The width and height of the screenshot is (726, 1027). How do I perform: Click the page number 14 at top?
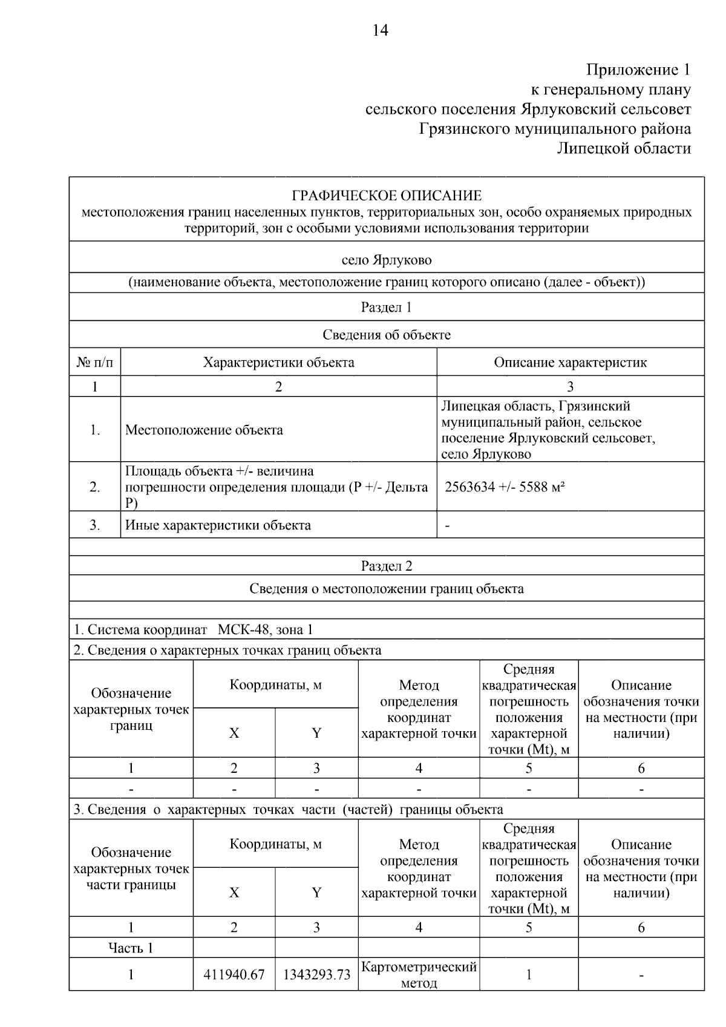[x=381, y=30]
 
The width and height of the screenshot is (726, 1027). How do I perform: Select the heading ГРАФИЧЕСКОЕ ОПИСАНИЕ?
[x=387, y=195]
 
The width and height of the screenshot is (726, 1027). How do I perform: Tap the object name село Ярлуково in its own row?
[x=387, y=260]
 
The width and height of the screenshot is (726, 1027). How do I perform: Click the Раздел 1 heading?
[x=386, y=307]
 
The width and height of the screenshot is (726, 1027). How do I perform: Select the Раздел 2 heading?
[x=386, y=566]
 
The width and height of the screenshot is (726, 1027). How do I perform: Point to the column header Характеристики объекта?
[x=278, y=363]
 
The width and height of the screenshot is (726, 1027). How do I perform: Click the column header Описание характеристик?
[x=570, y=363]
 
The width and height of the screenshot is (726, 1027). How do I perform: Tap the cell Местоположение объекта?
[x=204, y=430]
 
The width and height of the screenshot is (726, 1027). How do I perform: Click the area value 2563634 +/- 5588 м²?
[x=505, y=487]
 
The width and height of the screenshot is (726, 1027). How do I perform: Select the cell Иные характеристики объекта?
[x=218, y=525]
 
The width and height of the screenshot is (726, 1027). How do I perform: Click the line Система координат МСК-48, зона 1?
[x=194, y=629]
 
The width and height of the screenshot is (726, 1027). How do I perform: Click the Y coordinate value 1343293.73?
[x=316, y=975]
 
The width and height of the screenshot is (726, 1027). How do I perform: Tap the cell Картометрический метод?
[x=419, y=975]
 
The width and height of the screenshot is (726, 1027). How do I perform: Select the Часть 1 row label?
[x=131, y=948]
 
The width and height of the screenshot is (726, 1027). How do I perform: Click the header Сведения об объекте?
[x=386, y=335]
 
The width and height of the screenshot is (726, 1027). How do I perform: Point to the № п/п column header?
[x=94, y=363]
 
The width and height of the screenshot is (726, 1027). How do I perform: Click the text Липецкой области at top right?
[x=623, y=148]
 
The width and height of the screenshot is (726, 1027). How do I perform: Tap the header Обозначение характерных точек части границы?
[x=131, y=868]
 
